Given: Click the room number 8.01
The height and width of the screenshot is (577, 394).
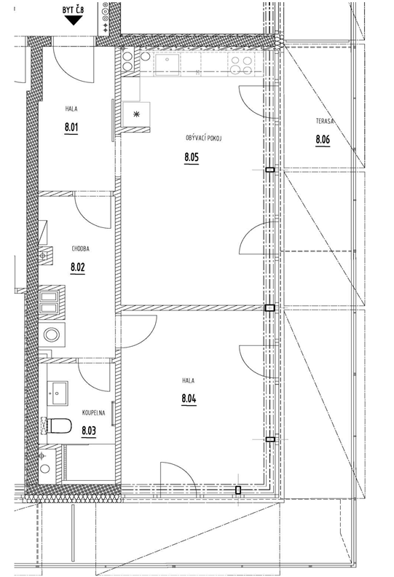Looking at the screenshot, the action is click(71, 127).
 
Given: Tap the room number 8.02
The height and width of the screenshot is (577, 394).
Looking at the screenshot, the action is click(78, 267).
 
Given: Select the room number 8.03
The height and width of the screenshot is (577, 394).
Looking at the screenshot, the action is click(89, 430).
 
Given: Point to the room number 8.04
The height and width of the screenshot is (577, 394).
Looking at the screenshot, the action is click(189, 399).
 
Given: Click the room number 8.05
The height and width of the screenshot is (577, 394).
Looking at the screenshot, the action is click(192, 157).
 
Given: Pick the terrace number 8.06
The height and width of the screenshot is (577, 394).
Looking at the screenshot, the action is click(323, 139).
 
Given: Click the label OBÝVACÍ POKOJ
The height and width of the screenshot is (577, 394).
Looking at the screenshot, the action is click(199, 138).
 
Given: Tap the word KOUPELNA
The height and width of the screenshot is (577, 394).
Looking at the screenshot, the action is click(93, 413).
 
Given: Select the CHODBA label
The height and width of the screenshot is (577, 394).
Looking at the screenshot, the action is click(80, 248).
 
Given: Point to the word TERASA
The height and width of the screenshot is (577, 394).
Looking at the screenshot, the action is click(325, 121).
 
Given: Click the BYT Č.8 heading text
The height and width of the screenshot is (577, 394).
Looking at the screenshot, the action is click(74, 10).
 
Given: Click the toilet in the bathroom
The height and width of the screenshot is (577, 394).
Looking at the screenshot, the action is click(59, 425).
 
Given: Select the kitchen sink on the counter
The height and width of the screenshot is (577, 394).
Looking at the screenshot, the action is click(168, 64).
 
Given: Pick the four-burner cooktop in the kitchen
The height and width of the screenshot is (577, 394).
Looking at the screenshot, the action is click(242, 64).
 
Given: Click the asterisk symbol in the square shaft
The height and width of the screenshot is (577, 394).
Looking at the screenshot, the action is click(136, 115).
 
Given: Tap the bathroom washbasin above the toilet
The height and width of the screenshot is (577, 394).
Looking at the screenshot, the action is click(58, 393).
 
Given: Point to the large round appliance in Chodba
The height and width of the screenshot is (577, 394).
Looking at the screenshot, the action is click(52, 335).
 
